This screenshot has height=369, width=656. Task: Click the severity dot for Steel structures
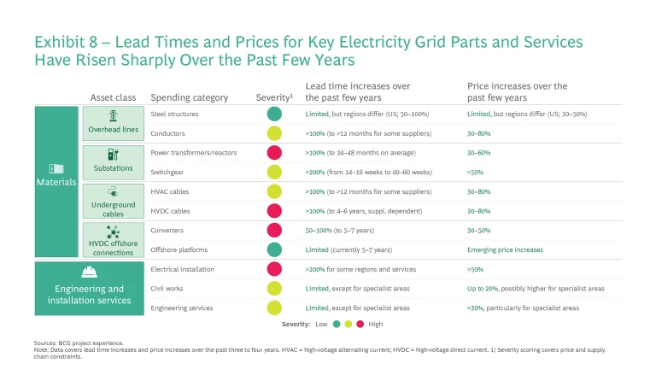[x=274, y=114]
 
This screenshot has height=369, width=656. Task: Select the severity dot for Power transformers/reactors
[x=274, y=153]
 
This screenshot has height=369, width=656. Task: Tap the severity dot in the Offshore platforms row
[x=274, y=249]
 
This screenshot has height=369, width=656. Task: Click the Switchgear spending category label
[x=169, y=172]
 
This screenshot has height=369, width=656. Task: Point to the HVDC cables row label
[x=171, y=211]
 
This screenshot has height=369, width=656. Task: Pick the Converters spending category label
[x=169, y=231]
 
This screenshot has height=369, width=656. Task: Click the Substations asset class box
[x=114, y=161]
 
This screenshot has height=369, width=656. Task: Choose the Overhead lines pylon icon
[x=114, y=116]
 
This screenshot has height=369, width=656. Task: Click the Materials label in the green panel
[x=57, y=182]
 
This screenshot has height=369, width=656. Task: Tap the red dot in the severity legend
[x=360, y=325]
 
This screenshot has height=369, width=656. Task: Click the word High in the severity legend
[x=376, y=325]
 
